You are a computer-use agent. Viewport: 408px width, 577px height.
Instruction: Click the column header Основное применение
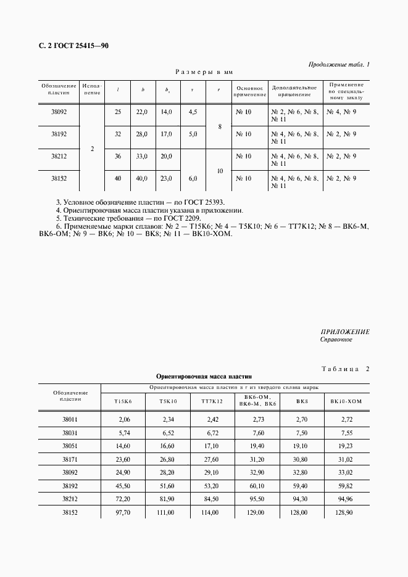(250, 91)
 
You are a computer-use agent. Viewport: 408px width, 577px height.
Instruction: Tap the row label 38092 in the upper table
(59, 112)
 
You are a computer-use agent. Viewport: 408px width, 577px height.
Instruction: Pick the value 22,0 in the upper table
(143, 112)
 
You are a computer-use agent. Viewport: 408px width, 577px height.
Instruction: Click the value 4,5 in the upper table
(193, 112)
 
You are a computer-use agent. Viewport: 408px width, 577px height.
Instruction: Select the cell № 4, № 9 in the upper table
(341, 112)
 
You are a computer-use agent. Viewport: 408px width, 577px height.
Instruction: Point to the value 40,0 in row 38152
(143, 179)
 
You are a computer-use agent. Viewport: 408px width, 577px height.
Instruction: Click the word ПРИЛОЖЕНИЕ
(344, 332)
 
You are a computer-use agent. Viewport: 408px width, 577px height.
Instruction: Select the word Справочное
(336, 340)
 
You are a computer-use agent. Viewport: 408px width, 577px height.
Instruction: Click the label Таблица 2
(345, 369)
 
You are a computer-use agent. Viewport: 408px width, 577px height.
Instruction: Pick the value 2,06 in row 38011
(126, 419)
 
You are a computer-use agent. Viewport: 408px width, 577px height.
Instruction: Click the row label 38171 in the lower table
(70, 459)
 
